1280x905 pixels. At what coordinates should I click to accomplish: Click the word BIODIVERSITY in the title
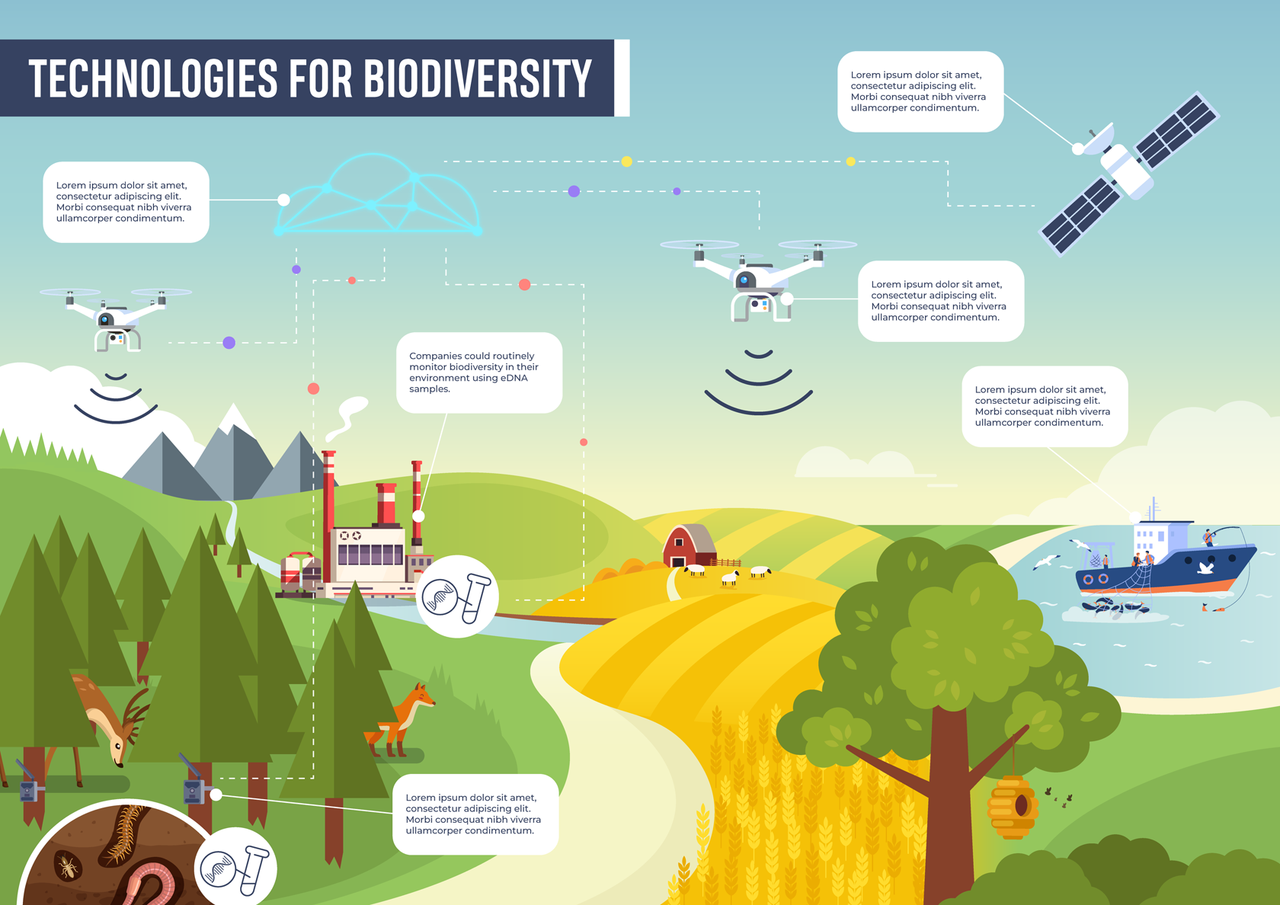click(x=478, y=78)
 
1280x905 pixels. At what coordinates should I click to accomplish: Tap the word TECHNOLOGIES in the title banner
click(x=153, y=78)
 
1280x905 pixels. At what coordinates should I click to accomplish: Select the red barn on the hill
click(x=689, y=545)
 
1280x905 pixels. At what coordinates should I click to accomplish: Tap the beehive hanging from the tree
click(x=1013, y=807)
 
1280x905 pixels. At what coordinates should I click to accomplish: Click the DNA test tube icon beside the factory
click(x=457, y=596)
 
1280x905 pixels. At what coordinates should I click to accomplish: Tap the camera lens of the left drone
click(x=104, y=319)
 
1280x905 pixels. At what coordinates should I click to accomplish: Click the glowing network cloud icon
click(x=378, y=194)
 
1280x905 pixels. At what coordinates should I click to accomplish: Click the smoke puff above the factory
click(x=348, y=417)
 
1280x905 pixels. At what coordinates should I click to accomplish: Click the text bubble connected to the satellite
click(x=920, y=91)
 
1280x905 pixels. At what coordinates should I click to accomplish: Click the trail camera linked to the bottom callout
click(x=194, y=786)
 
